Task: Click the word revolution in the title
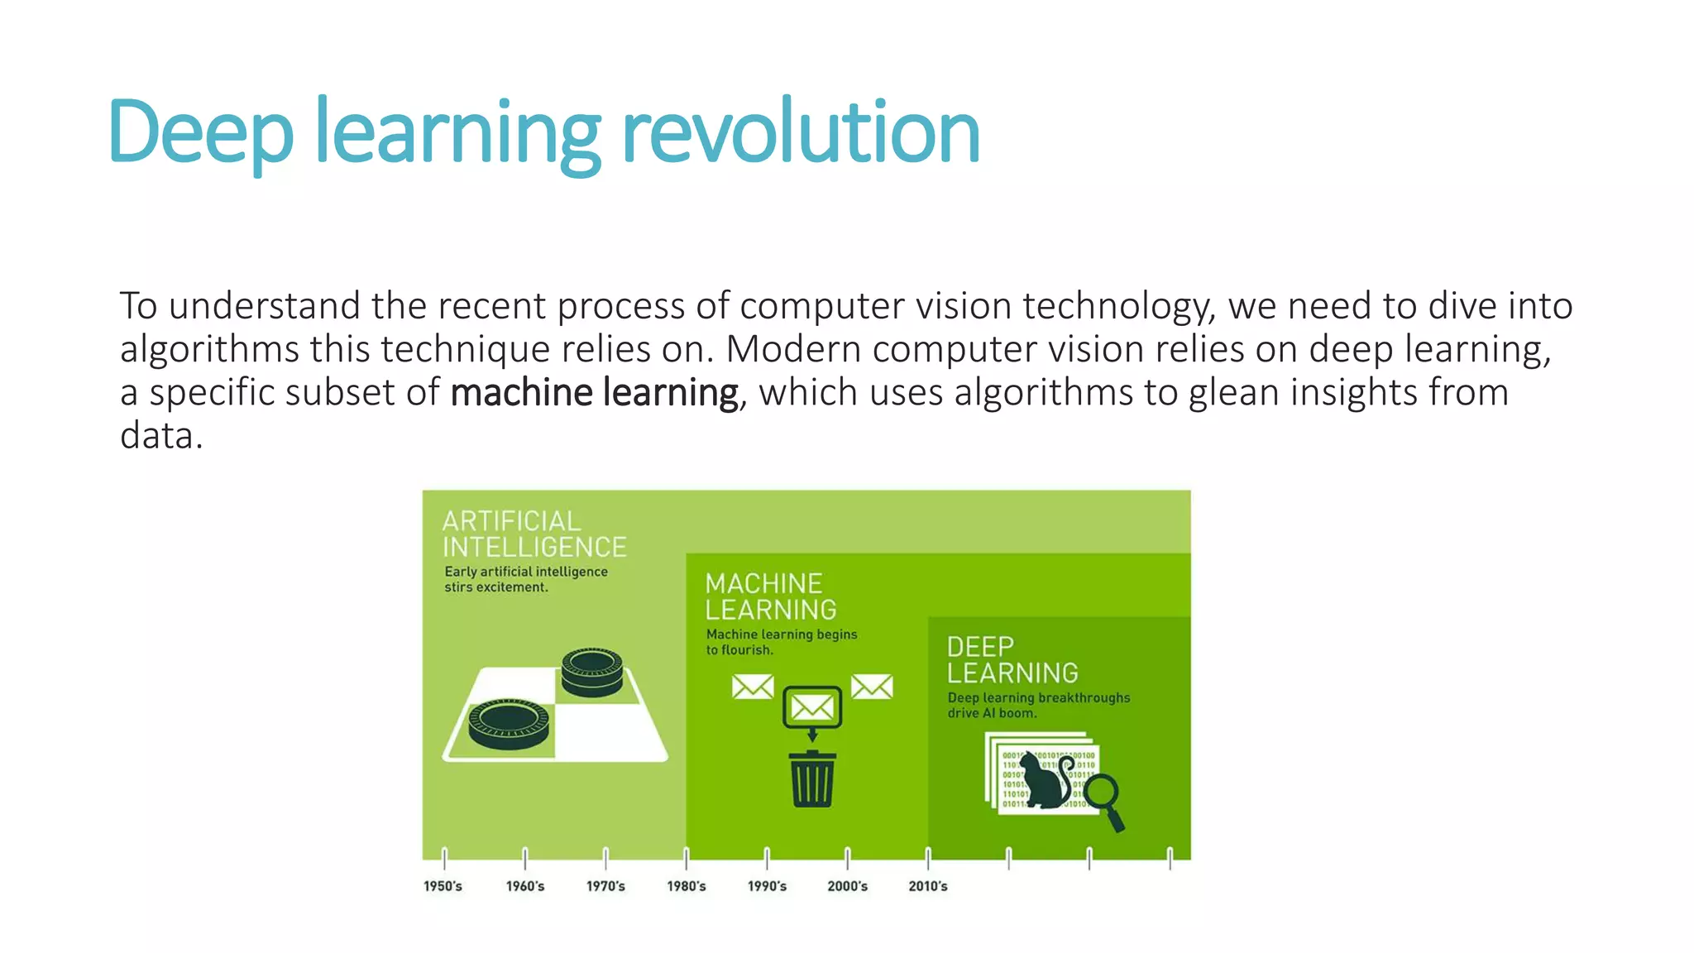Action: click(800, 132)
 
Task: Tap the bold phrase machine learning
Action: click(594, 392)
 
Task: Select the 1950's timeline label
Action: click(443, 886)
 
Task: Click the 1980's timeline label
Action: click(687, 886)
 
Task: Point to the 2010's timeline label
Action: click(928, 886)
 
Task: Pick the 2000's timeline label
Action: click(848, 886)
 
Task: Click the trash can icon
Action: click(812, 778)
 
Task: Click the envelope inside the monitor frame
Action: click(812, 707)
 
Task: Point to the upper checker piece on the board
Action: click(591, 672)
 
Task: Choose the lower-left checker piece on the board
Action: click(509, 726)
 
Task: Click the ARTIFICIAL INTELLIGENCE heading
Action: click(534, 534)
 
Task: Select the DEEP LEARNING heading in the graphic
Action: click(1012, 659)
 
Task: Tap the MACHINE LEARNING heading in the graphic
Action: click(771, 596)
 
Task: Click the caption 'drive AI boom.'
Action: click(992, 713)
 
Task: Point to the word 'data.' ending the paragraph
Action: click(161, 436)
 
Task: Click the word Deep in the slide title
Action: click(200, 132)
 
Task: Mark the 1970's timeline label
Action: click(606, 886)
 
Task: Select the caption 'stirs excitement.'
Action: click(496, 587)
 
